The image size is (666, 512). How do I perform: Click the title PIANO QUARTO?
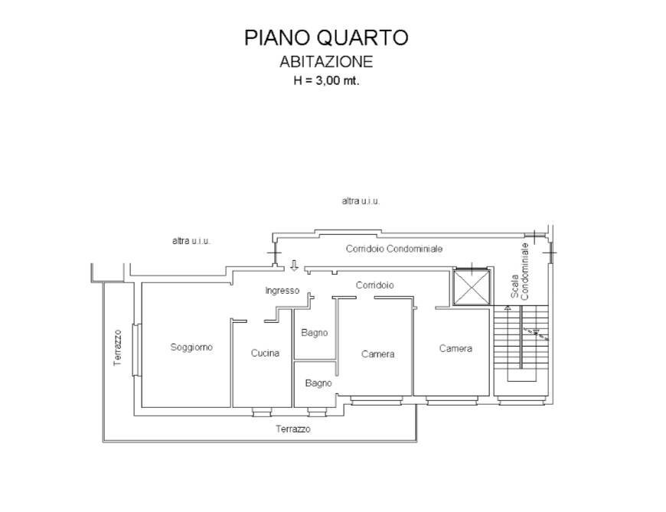[326, 38]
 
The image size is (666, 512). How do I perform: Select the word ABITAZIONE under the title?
[326, 62]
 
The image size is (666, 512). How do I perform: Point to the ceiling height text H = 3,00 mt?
[326, 81]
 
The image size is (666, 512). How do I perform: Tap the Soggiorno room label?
[191, 347]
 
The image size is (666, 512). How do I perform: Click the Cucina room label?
[265, 354]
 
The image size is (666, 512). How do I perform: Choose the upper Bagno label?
[315, 333]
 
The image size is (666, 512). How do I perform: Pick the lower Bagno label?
[318, 383]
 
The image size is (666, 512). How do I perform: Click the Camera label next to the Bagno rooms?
[377, 354]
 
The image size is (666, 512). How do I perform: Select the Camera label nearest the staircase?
[455, 348]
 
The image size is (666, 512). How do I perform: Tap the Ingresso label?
[282, 291]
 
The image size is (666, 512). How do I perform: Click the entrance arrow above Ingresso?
[293, 266]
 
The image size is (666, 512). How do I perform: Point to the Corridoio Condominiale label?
[393, 249]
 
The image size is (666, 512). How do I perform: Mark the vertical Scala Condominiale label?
[520, 272]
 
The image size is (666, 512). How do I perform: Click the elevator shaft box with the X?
[470, 288]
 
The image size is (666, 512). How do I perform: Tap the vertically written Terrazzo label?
[118, 347]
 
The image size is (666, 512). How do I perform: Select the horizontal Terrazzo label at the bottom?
[293, 429]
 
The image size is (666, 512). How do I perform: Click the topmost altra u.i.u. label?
[361, 201]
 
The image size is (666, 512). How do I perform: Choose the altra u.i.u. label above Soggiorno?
[191, 240]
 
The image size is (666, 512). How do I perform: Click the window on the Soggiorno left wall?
[135, 351]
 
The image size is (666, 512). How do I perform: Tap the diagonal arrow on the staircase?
[531, 331]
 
